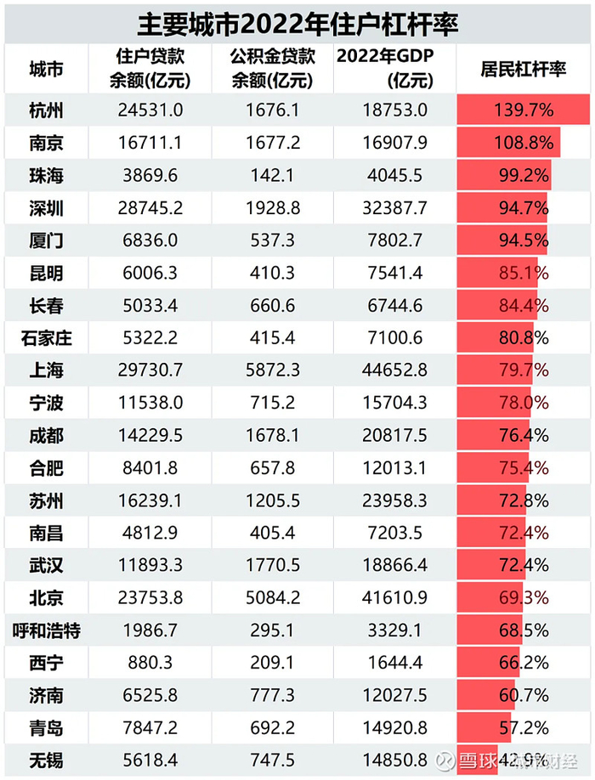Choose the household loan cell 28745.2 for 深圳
150,208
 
